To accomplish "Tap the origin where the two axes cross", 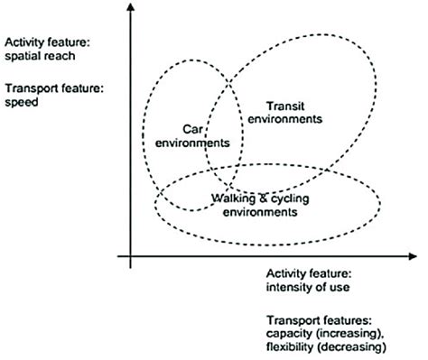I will coord(131,257).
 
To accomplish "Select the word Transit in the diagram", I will coord(287,104).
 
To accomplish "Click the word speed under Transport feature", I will coord(20,102).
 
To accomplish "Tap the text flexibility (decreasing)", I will coord(321,347).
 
